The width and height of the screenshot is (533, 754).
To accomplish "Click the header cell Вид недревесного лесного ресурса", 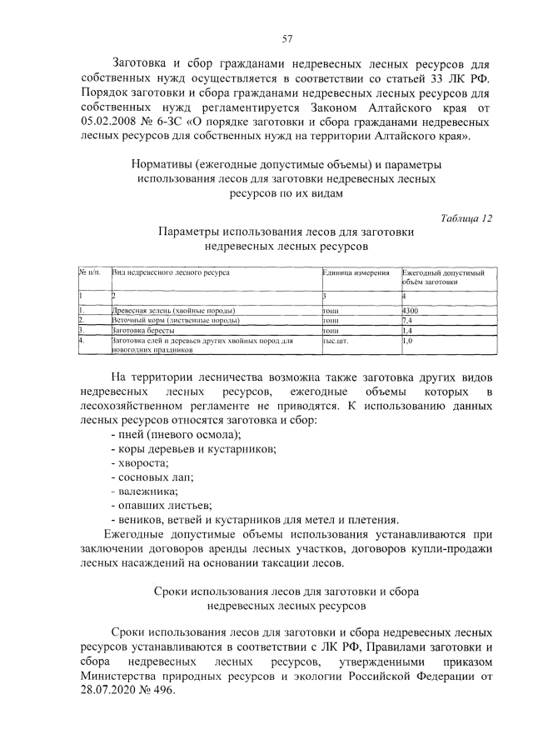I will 171,272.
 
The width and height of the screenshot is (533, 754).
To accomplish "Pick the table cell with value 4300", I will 411,310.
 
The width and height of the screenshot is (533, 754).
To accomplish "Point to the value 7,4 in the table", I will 408,320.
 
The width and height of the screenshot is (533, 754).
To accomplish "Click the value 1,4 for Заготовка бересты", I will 408,330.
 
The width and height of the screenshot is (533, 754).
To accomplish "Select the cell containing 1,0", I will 408,341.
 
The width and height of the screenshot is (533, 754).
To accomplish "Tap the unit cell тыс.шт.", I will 334,341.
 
